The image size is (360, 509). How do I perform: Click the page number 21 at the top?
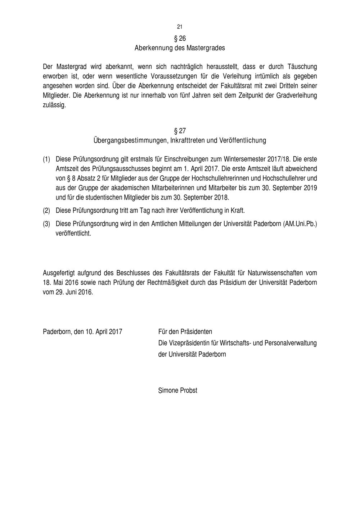(180, 27)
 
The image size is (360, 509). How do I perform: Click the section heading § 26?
(180, 38)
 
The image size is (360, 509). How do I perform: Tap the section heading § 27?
(180, 131)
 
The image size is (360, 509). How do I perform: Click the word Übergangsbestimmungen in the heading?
(129, 140)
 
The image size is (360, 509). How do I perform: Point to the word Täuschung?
(302, 67)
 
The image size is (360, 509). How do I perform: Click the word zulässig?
(54, 105)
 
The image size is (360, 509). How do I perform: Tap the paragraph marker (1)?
(46, 159)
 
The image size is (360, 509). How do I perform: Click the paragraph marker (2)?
(46, 210)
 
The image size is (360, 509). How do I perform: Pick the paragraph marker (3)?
(46, 224)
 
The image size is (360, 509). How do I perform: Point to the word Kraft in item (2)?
(237, 210)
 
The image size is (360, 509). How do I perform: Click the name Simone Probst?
(178, 390)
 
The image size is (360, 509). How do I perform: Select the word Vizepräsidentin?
(188, 343)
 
